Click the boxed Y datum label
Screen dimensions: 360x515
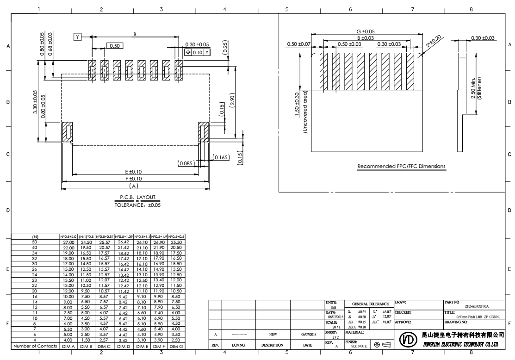coord(77,37)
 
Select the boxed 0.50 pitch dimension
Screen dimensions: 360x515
coord(115,45)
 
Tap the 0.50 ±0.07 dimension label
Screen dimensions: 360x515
coord(298,44)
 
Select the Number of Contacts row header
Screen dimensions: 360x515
coord(35,346)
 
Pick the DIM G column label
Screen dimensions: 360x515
coord(176,346)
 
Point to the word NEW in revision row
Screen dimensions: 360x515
coord(273,333)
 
